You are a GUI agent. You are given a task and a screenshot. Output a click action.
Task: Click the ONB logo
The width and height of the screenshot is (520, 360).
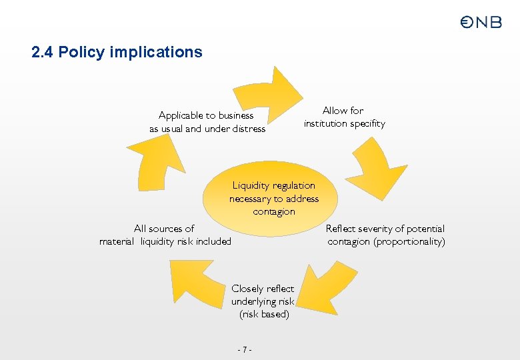[x=481, y=22]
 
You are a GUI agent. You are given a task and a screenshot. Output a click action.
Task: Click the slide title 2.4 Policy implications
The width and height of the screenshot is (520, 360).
[x=117, y=52]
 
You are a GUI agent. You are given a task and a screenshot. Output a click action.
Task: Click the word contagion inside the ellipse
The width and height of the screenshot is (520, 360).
[x=273, y=212]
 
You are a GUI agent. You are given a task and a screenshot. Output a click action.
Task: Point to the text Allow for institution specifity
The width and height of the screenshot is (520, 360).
[x=344, y=117]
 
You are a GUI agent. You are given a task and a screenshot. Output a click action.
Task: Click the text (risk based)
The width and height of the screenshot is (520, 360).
[x=264, y=314]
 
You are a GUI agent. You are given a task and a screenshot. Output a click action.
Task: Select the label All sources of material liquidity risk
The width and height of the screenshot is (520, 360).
[x=165, y=235]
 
